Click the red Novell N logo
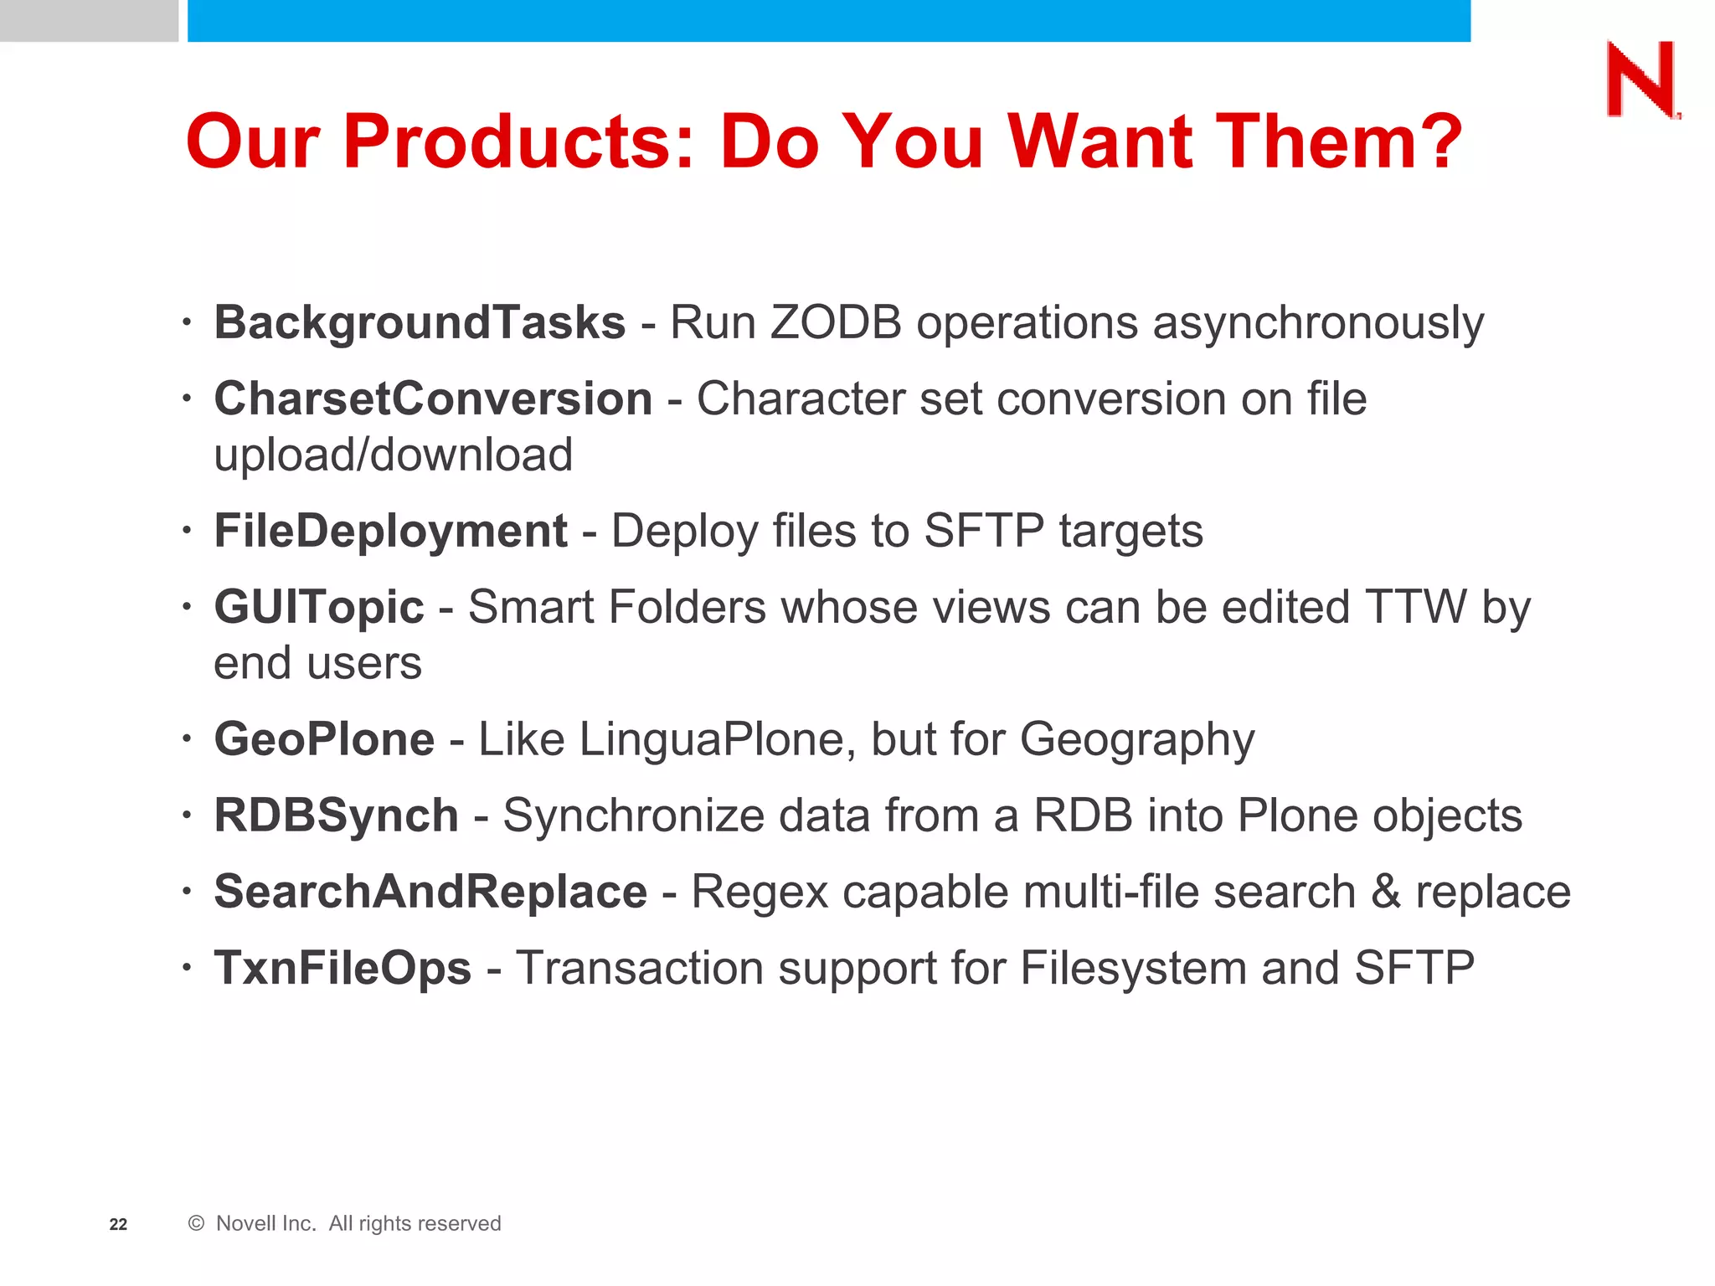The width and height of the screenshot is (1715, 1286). click(1641, 80)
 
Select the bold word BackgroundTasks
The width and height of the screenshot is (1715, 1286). click(420, 322)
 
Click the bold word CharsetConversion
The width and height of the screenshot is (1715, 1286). click(433, 399)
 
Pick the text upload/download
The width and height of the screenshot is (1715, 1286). click(394, 455)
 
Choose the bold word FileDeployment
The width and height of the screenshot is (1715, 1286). click(390, 531)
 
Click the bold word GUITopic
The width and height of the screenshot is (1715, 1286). click(319, 607)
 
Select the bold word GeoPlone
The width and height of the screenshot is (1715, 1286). click(324, 739)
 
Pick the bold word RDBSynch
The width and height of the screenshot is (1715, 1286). click(336, 815)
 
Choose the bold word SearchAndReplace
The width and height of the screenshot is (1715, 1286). click(430, 892)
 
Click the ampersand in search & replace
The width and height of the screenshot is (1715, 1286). click(1386, 892)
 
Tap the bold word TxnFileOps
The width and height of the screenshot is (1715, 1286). click(342, 968)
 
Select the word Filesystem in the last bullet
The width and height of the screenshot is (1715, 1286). click(1132, 968)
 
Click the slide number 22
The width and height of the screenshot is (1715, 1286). click(118, 1224)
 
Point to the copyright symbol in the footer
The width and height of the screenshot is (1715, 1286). click(197, 1223)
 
